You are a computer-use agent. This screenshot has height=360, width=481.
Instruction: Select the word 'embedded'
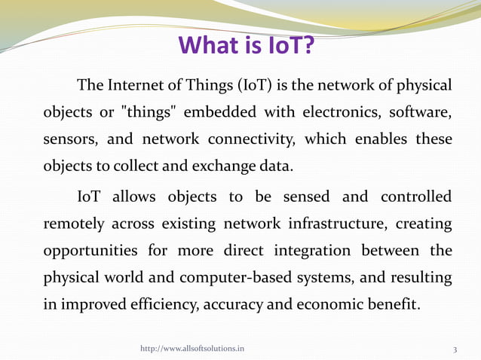(x=226, y=112)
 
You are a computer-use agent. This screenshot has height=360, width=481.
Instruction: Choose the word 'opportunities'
(x=90, y=251)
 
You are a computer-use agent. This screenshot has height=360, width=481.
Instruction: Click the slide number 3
(x=455, y=349)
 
